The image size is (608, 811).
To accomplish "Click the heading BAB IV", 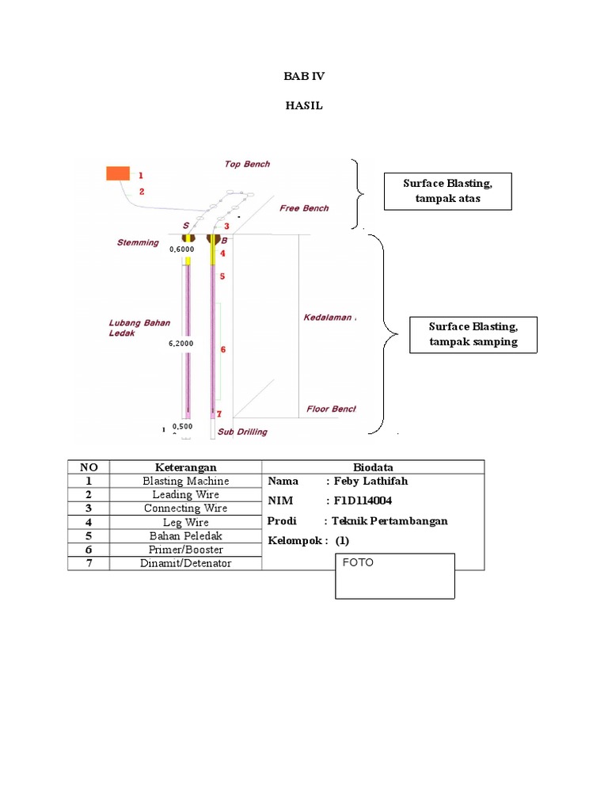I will coord(304,77).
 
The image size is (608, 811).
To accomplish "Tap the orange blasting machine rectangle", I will coord(118,173).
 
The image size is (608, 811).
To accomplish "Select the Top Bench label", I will coord(247,164).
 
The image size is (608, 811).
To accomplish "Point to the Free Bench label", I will coord(304,208).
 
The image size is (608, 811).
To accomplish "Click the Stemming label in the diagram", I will coord(138,242).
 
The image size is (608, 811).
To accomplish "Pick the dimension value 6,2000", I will coord(182,345).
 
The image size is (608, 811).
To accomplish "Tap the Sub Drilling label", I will coord(242,432).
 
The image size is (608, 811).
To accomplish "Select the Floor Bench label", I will coord(331,409).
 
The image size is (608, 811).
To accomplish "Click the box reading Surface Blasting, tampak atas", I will coord(447,191).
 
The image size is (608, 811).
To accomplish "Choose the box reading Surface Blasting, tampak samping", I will coord(473,334).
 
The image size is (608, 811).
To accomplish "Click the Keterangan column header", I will coord(185,467).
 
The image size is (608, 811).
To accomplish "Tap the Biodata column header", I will coord(372,467).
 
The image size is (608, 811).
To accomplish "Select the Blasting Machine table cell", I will coord(185,481).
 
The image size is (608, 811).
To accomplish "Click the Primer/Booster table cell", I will coord(185,550).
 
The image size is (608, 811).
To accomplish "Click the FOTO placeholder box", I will coord(395,576).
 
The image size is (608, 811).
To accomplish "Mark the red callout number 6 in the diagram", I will coord(223,348).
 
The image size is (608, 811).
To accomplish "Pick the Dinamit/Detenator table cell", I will coord(185,563).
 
